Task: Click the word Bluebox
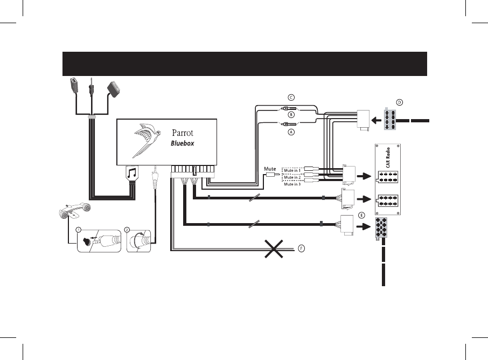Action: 182,144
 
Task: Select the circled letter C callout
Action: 291,97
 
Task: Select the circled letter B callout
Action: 291,114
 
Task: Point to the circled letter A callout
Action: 291,133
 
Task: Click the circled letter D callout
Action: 400,102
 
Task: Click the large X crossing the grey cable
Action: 275,249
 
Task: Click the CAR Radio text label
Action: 386,158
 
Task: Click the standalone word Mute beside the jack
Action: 270,169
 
